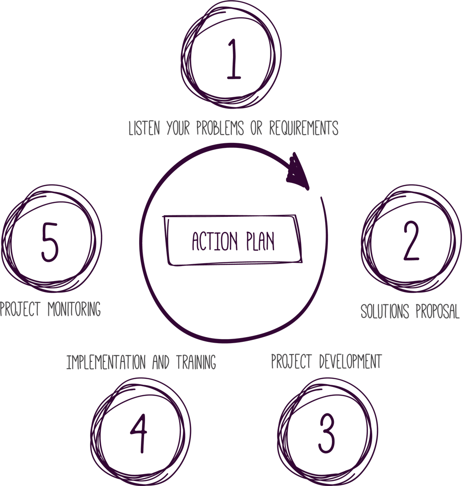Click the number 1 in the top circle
[233, 59]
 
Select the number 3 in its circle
[327, 434]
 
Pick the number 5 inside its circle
[50, 242]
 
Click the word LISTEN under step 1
[144, 128]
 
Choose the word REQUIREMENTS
[304, 128]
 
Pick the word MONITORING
[74, 309]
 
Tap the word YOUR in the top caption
[179, 128]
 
